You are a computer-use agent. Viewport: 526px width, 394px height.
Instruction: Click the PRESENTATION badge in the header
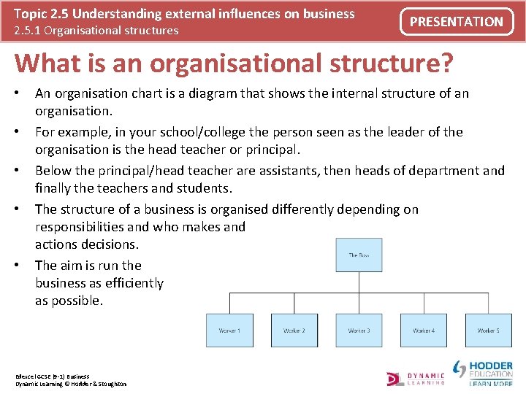457,22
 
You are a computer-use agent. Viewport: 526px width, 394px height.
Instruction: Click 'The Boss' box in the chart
359,255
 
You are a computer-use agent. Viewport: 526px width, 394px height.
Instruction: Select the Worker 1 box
229,331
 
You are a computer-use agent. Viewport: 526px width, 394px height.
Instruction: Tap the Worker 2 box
294,331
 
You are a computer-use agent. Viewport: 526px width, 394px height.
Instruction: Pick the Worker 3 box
359,331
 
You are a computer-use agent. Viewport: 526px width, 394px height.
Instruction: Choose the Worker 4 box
423,331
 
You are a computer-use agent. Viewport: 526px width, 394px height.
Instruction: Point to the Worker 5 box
488,331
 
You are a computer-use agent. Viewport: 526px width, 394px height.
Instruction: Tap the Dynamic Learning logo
416,378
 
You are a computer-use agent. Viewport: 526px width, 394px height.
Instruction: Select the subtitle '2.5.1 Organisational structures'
96,31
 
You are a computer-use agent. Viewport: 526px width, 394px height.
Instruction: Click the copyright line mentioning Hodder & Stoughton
71,384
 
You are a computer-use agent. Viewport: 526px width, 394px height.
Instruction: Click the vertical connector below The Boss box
359,283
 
